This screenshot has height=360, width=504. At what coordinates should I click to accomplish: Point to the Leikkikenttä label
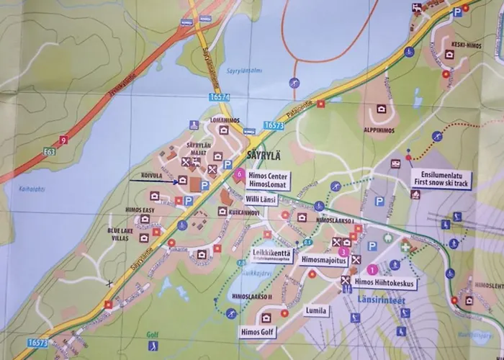coord(271,252)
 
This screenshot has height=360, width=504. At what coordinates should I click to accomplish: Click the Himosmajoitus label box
coord(317,258)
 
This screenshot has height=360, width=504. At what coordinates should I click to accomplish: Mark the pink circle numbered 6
coord(238,173)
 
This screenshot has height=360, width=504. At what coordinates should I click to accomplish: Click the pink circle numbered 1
coord(372,269)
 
